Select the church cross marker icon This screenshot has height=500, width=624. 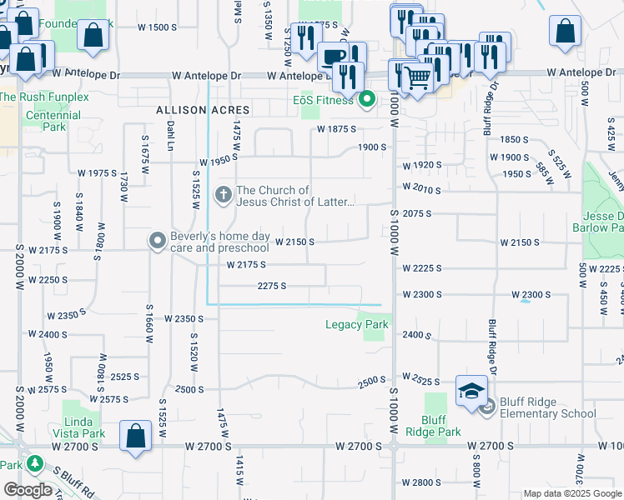coord(223,196)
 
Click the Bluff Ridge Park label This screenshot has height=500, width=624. coord(433,426)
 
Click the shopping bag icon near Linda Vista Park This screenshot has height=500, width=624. coord(135,436)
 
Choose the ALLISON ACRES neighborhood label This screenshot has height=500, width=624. coord(203,110)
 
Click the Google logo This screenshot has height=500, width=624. coord(28,490)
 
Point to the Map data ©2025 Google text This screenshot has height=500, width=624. coord(572,493)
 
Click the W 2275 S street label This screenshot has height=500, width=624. coord(272,286)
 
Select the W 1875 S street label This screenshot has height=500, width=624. coord(336,129)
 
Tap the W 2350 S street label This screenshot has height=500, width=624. coord(184,318)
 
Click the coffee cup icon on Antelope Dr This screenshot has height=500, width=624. coord(334,57)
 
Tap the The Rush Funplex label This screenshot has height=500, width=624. coord(44,97)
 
